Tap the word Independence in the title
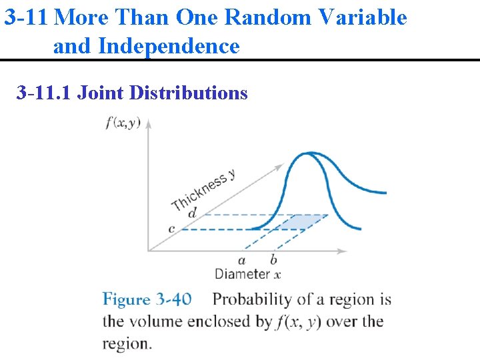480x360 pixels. [168, 46]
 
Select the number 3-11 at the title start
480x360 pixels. [25, 17]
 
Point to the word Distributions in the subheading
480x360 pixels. [189, 92]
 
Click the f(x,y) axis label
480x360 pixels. [123, 124]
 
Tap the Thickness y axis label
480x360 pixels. [203, 189]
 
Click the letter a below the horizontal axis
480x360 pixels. [241, 260]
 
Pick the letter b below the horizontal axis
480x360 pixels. [273, 260]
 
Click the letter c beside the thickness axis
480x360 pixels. [171, 229]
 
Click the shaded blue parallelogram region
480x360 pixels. [299, 222]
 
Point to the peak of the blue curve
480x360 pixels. [307, 155]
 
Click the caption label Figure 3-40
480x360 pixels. [147, 299]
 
